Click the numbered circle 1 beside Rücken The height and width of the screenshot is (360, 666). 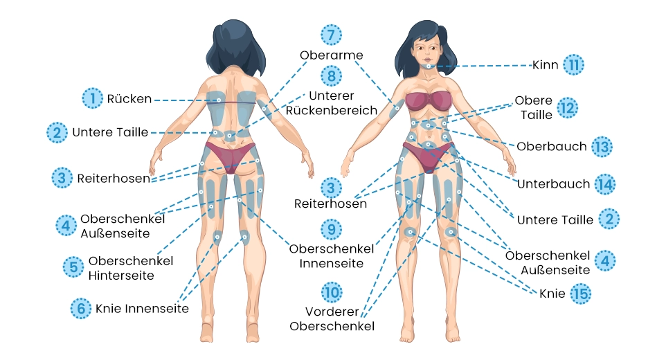click(91, 99)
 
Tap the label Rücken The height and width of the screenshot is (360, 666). click(129, 99)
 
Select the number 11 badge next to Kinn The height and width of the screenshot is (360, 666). click(573, 65)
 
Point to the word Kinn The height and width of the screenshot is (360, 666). click(545, 65)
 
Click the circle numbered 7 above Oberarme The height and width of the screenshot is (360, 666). click(332, 35)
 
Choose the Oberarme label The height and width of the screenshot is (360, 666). click(332, 55)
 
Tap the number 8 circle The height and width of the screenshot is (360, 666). click(332, 76)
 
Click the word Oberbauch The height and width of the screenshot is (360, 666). click(552, 147)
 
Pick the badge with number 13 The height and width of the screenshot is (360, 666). click(602, 147)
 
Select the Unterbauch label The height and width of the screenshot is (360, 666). click(553, 184)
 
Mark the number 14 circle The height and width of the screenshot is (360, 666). click(604, 184)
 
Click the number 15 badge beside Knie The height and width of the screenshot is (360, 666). click(581, 294)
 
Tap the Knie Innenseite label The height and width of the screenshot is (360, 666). click(142, 309)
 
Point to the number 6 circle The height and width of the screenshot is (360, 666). click(81, 309)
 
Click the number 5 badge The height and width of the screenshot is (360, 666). click(73, 267)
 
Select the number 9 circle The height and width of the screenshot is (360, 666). click(332, 228)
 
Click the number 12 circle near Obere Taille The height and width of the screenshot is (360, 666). click(567, 108)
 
